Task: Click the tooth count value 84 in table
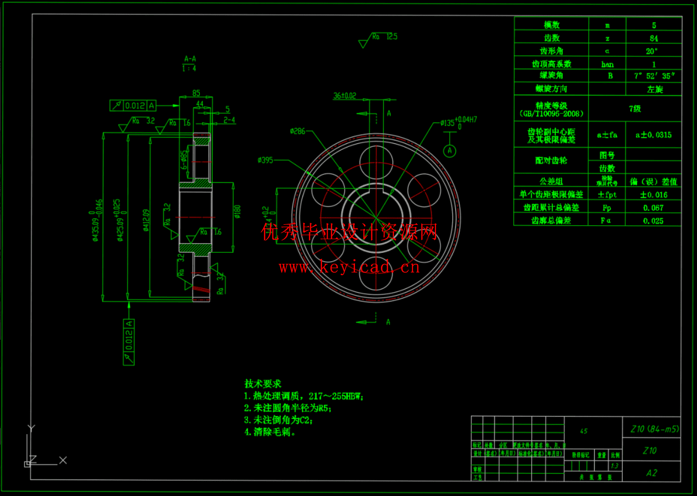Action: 654,38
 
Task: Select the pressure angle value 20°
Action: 652,51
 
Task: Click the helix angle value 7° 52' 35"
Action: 654,76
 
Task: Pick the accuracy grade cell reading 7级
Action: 635,109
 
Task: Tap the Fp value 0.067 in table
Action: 653,208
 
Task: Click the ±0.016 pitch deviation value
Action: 654,195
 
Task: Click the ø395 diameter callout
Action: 265,160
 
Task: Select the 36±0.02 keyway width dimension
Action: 345,96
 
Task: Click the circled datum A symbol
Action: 449,150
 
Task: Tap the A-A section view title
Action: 190,59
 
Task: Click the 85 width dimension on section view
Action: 196,93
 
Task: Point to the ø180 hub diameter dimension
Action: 237,212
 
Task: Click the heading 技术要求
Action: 263,384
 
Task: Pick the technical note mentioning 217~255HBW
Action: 304,396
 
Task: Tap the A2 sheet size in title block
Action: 652,473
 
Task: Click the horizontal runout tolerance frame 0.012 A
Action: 133,106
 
